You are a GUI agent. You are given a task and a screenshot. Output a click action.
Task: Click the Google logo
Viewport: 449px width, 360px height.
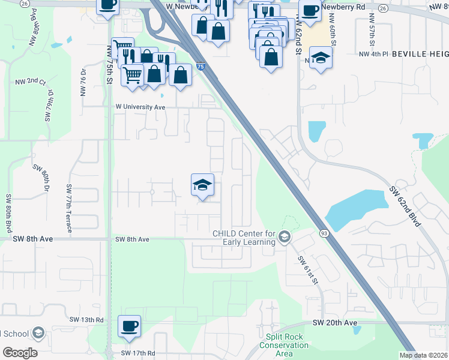pyautogui.click(x=20, y=353)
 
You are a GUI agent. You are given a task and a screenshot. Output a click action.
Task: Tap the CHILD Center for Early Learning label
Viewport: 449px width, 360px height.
pyautogui.click(x=244, y=238)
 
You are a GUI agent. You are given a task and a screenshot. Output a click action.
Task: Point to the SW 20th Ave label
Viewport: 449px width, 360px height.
pyautogui.click(x=335, y=323)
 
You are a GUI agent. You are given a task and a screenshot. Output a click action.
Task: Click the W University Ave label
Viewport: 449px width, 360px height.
pyautogui.click(x=140, y=107)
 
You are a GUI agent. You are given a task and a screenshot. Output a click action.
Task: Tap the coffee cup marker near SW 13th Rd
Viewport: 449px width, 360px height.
pyautogui.click(x=129, y=326)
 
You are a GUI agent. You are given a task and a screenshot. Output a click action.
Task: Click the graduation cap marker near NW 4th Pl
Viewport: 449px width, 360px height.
pyautogui.click(x=321, y=59)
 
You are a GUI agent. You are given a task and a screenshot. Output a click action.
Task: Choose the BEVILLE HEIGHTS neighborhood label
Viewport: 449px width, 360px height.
pyautogui.click(x=421, y=54)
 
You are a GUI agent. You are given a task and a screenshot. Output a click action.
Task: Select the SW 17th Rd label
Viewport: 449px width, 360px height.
pyautogui.click(x=138, y=353)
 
